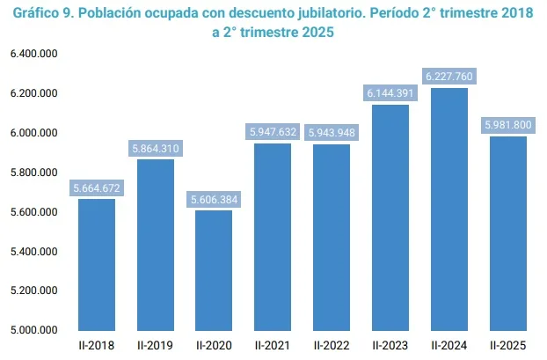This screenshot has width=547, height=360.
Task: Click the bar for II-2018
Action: coord(97,264)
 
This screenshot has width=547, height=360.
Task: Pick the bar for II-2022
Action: coord(331,238)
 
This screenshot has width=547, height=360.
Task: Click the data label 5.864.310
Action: coord(155,149)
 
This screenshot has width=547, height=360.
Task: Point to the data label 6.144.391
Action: coord(390,93)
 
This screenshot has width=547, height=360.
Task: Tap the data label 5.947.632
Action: coord(273,132)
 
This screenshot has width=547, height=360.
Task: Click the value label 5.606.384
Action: coord(214,200)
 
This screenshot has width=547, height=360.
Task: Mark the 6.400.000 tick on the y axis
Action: coord(34,55)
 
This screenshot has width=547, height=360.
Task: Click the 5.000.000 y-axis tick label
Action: coord(34,330)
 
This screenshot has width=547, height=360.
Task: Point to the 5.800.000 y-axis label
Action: coord(34,173)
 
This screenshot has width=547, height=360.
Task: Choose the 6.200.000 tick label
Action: coord(34,93)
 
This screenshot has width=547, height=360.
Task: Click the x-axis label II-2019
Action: coord(155,344)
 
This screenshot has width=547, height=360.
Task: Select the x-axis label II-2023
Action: coord(390,344)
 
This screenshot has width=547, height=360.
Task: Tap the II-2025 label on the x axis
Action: coord(507,344)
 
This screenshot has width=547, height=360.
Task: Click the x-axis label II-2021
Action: coord(273,344)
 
